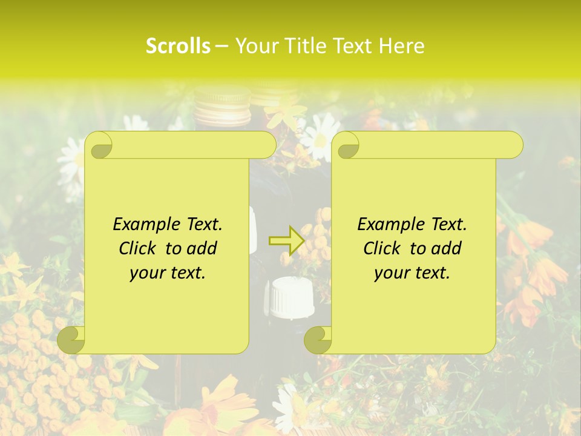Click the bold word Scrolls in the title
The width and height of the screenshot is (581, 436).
(x=179, y=46)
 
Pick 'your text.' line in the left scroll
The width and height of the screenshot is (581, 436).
(x=168, y=273)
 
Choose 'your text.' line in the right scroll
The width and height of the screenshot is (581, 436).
(x=412, y=273)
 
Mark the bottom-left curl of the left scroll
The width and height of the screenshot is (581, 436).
(x=71, y=339)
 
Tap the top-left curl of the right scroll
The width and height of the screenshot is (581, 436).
(x=346, y=145)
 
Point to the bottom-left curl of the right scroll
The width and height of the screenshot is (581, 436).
(x=317, y=339)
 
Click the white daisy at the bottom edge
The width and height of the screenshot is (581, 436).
(x=289, y=409)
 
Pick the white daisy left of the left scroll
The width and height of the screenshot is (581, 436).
(x=71, y=160)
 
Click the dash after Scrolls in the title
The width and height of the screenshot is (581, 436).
(x=222, y=47)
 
